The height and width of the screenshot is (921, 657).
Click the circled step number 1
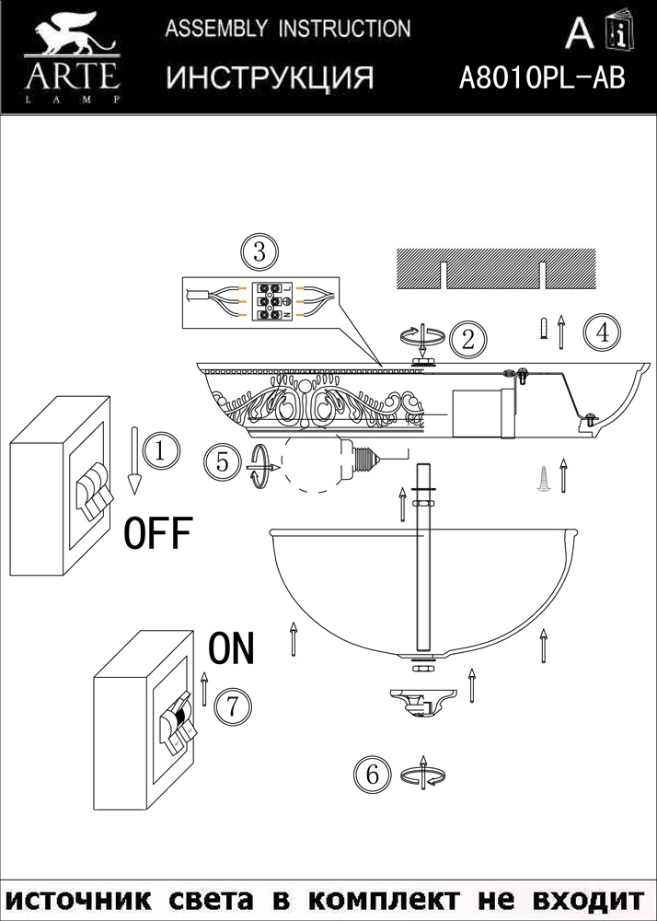tap(159, 450)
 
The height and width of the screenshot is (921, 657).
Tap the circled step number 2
tap(468, 339)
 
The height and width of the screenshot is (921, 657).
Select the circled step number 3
tap(259, 251)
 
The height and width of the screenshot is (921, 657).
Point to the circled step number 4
tap(603, 332)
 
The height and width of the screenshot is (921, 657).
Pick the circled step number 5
tap(222, 460)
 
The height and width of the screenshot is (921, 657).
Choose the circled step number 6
tap(372, 775)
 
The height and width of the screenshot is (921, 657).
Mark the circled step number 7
tap(232, 706)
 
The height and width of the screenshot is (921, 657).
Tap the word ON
tap(231, 649)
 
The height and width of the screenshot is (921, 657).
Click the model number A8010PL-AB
tap(542, 79)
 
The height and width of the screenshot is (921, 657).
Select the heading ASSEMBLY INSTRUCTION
tap(288, 29)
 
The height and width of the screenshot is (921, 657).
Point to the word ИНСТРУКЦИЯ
tap(270, 78)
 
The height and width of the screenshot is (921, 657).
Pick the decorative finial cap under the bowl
tap(421, 701)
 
